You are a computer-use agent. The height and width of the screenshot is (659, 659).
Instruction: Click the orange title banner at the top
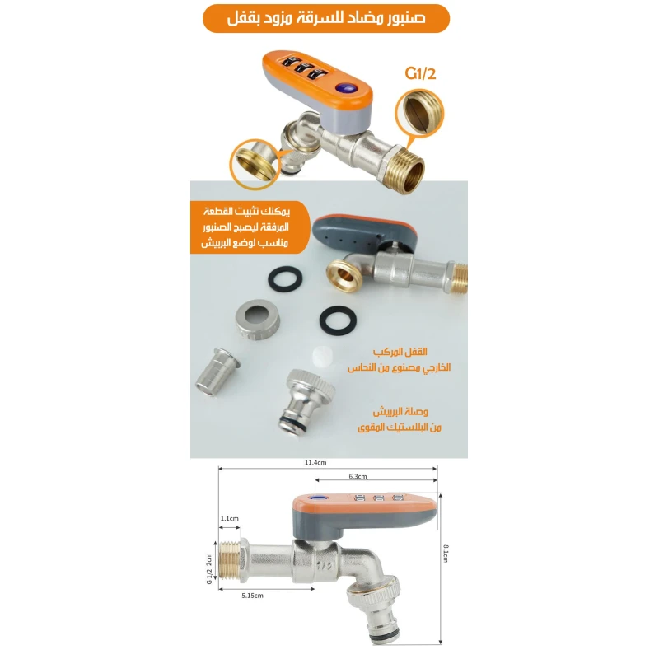coord(326,18)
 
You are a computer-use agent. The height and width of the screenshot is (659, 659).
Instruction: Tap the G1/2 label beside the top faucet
coord(420,73)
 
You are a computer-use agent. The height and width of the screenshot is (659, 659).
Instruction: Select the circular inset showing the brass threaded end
coord(419,114)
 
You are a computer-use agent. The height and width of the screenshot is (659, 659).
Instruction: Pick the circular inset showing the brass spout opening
coord(255,164)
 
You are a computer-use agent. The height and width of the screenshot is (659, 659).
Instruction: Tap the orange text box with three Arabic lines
coord(250,227)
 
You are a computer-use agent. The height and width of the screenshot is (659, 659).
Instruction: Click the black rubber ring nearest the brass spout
coord(285,278)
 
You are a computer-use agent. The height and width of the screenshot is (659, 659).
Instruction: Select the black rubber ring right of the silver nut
coord(338,320)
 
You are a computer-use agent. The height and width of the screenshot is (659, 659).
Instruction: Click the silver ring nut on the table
coord(258,319)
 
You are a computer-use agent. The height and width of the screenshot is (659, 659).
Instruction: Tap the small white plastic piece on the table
coord(323,358)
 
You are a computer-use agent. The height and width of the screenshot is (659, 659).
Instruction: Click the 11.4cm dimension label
coord(315,462)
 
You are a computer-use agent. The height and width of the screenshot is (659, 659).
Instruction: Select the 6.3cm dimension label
coord(358,476)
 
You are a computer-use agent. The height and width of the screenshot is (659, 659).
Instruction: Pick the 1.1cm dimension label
coord(230,518)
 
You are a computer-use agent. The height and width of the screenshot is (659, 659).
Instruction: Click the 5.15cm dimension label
coord(253,596)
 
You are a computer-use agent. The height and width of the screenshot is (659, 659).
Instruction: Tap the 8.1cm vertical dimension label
coord(446,554)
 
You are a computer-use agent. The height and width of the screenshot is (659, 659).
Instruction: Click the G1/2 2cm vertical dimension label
coord(209,568)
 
